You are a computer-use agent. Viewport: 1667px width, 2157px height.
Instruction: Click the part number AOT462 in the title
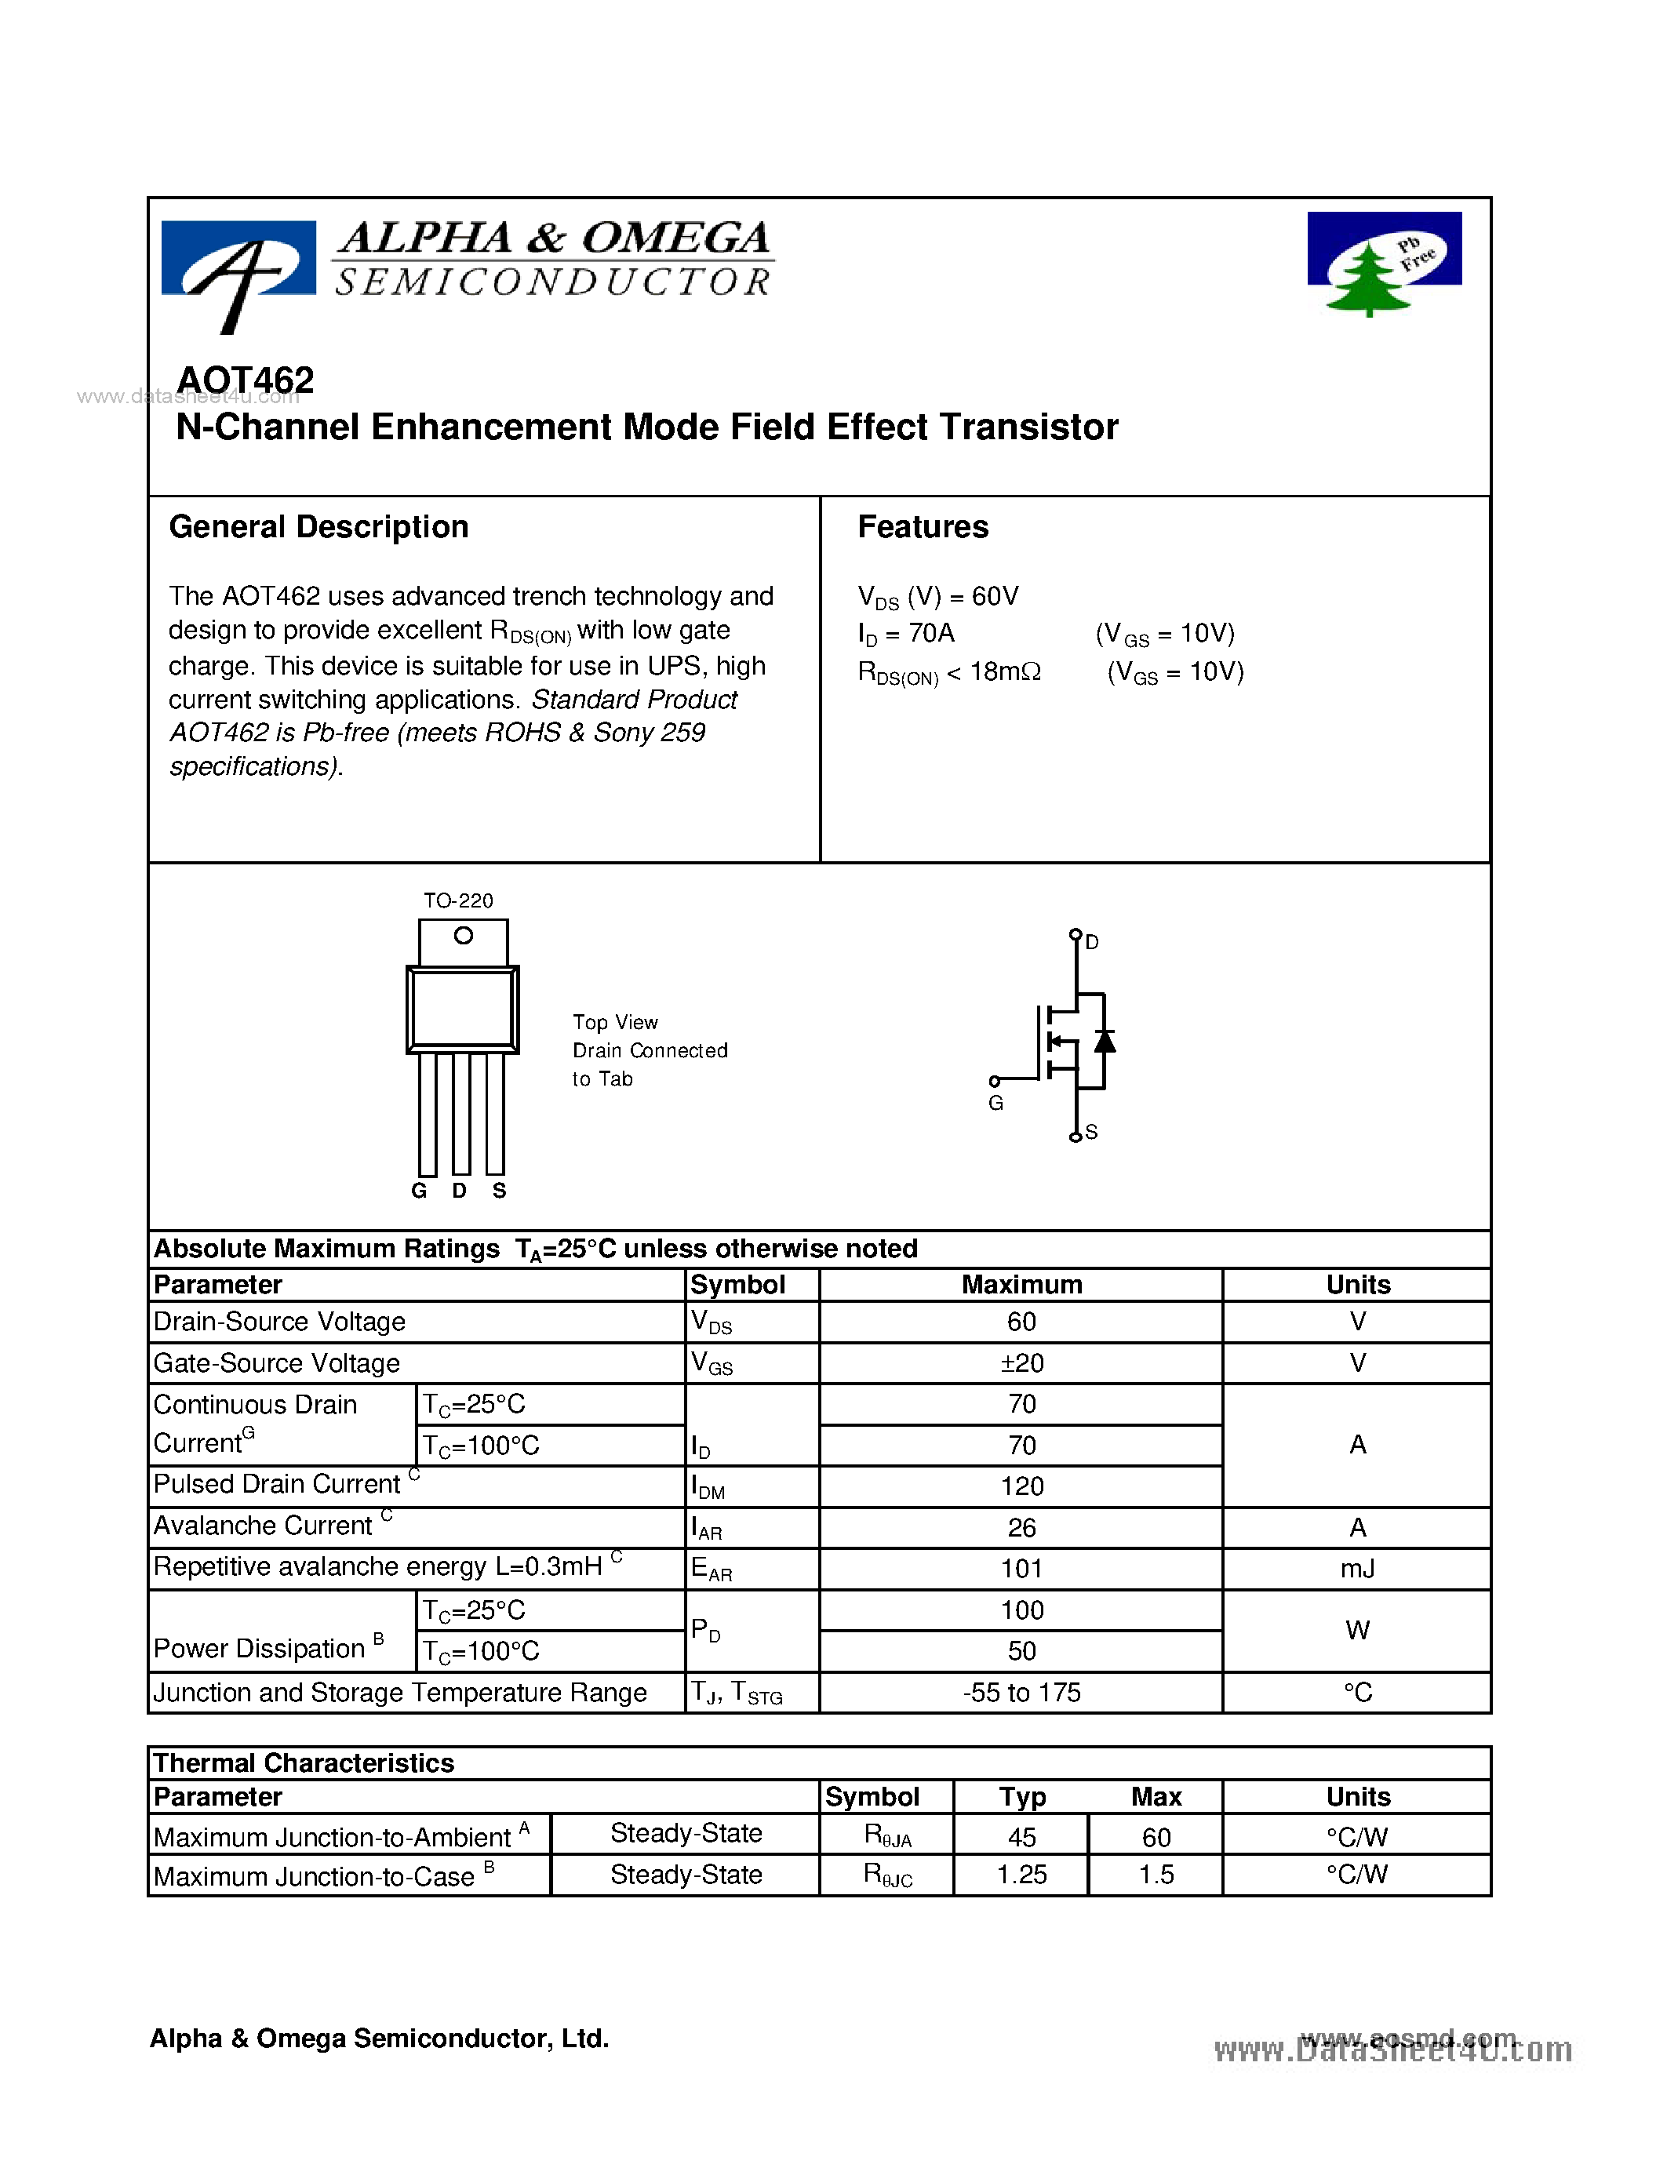click(245, 380)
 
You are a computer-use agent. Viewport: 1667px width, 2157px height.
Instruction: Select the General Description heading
click(318, 527)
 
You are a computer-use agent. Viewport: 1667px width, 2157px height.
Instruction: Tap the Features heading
click(922, 527)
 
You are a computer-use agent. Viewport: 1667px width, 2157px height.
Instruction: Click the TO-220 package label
click(457, 900)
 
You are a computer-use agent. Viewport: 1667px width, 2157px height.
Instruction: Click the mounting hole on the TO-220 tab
click(463, 935)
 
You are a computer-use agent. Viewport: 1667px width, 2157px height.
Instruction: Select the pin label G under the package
click(419, 1191)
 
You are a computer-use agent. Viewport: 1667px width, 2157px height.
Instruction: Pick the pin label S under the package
click(499, 1191)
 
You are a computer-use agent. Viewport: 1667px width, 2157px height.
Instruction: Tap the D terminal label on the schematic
click(1091, 942)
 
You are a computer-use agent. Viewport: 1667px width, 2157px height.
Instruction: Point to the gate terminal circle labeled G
click(995, 1082)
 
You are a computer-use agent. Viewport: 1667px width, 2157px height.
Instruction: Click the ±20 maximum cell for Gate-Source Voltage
click(1021, 1364)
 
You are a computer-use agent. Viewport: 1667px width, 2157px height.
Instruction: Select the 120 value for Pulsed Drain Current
click(1021, 1487)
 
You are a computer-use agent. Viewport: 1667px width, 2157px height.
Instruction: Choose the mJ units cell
click(1357, 1570)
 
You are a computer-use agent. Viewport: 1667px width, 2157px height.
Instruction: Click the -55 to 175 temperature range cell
click(1021, 1693)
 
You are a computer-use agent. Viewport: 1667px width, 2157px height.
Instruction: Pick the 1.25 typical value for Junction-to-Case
click(1021, 1875)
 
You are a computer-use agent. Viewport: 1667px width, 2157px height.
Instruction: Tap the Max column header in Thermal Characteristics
click(1156, 1796)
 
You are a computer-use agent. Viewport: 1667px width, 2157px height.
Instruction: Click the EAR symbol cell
click(711, 1570)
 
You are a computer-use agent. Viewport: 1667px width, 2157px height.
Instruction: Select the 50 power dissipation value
click(1021, 1651)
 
